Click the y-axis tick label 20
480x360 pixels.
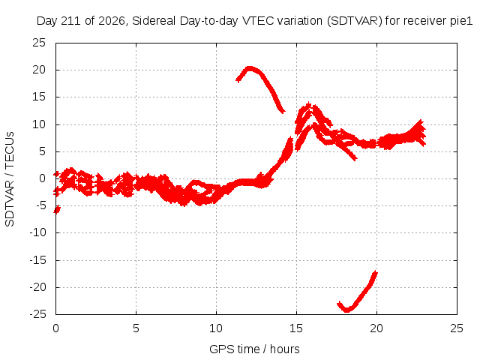[39, 70]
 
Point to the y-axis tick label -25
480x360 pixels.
[38, 314]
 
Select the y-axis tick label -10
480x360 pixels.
[38, 232]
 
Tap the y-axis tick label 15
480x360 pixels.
[39, 97]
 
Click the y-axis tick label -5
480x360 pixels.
[41, 205]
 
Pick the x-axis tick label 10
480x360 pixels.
[216, 328]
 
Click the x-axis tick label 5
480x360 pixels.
[136, 328]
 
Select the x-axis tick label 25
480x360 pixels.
[457, 328]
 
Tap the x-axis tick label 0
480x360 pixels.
[55, 328]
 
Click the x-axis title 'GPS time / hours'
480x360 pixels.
[254, 349]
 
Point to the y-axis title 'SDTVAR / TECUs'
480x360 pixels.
[10, 179]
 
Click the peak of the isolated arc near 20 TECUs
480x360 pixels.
[250, 68]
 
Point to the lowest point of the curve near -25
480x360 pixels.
[346, 310]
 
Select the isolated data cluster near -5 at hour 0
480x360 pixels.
[57, 210]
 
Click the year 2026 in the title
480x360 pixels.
[112, 21]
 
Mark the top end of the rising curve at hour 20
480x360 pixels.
[376, 272]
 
